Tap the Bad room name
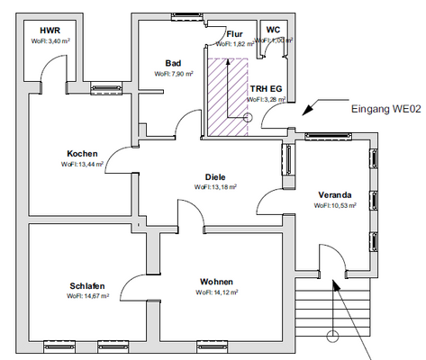pyautogui.click(x=173, y=62)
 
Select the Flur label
pyautogui.click(x=235, y=33)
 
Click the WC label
pyautogui.click(x=273, y=30)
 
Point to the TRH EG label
pyautogui.click(x=267, y=88)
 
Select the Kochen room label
pyautogui.click(x=82, y=153)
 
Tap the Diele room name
pyautogui.click(x=215, y=176)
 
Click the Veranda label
pyautogui.click(x=334, y=194)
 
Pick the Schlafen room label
pyautogui.click(x=87, y=286)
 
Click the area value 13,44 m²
pyautogui.click(x=87, y=165)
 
